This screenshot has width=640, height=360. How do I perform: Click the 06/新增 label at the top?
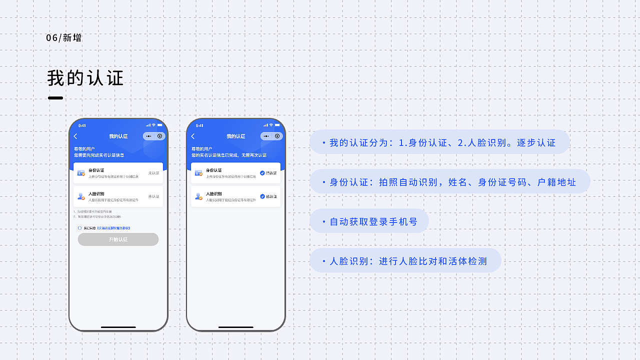pyautogui.click(x=63, y=38)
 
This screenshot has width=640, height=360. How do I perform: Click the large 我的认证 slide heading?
pyautogui.click(x=85, y=78)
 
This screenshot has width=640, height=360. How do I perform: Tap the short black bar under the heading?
pyautogui.click(x=55, y=98)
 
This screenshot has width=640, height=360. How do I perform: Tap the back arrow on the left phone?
pyautogui.click(x=75, y=136)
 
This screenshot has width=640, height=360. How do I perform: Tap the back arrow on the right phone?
pyautogui.click(x=193, y=136)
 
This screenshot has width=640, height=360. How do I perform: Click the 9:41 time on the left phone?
pyautogui.click(x=82, y=125)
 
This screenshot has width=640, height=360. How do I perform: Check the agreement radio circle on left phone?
pyautogui.click(x=80, y=228)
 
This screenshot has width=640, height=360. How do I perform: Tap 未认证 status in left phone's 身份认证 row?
pyautogui.click(x=153, y=173)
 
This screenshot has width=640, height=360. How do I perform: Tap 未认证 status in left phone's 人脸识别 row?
pyautogui.click(x=153, y=196)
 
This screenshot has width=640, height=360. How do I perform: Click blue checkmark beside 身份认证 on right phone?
pyautogui.click(x=262, y=173)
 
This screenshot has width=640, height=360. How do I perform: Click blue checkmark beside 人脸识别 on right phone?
pyautogui.click(x=262, y=196)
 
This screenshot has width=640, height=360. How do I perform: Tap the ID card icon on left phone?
pyautogui.click(x=81, y=173)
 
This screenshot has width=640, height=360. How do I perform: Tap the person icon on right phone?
pyautogui.click(x=198, y=196)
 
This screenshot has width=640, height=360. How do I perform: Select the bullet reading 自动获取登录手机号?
pyautogui.click(x=369, y=221)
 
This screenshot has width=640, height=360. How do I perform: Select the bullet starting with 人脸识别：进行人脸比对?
pyautogui.click(x=405, y=261)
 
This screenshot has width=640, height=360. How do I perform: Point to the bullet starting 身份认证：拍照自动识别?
pyautogui.click(x=450, y=182)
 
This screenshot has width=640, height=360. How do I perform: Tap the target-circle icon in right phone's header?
pyautogui.click(x=277, y=136)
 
